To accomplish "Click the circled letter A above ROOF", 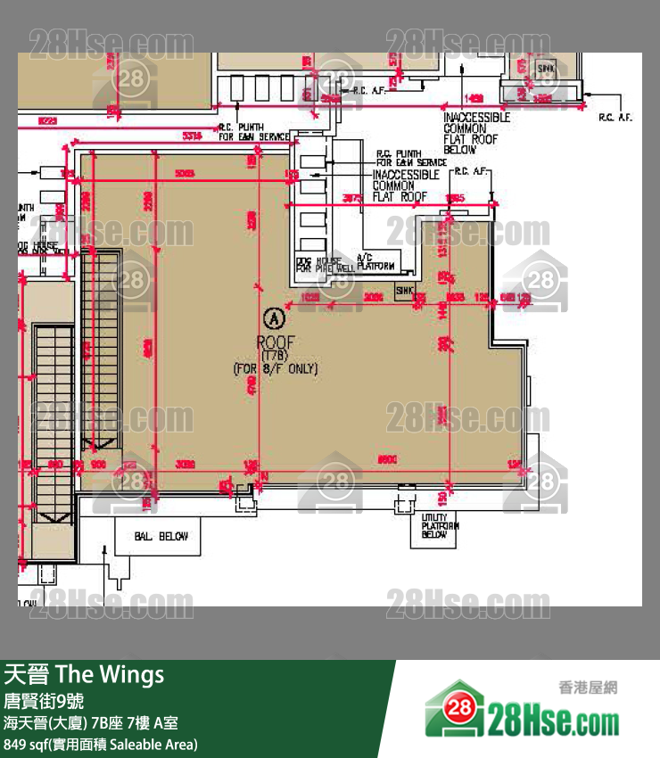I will pos(275,317).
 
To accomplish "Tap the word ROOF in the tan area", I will pos(275,342).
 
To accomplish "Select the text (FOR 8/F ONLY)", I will pos(275,367).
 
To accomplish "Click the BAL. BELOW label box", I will pos(156,537).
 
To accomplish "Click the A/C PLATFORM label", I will pos(375,262).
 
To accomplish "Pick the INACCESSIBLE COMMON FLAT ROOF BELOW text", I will pos(477,133).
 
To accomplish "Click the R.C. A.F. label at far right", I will pos(615,118).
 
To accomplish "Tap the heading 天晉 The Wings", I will pos(85,674).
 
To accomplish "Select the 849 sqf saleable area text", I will pos(101,744).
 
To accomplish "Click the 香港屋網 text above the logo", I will pos(587,687).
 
